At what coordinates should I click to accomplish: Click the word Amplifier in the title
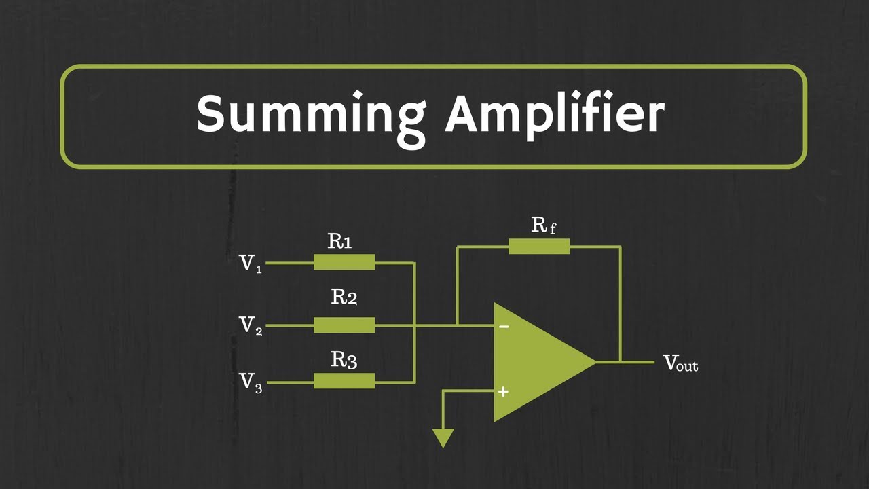click(x=554, y=115)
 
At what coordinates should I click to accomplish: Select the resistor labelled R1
click(x=344, y=262)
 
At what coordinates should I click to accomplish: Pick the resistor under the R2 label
click(x=344, y=325)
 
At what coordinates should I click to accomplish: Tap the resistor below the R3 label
click(x=344, y=381)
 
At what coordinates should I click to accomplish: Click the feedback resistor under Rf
click(x=539, y=247)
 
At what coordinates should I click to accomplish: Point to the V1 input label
click(x=251, y=264)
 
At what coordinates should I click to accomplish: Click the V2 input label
click(x=251, y=325)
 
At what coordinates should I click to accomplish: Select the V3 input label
click(x=251, y=382)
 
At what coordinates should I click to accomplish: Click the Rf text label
click(x=543, y=225)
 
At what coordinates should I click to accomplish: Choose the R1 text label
click(x=340, y=240)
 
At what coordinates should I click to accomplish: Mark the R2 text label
click(x=344, y=297)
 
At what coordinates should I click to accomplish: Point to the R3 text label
click(x=344, y=360)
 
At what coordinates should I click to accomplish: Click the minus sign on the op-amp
click(x=504, y=327)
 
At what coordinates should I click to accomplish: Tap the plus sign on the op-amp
click(x=503, y=391)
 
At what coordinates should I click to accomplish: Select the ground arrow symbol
click(x=443, y=438)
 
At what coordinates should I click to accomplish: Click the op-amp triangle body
click(x=533, y=362)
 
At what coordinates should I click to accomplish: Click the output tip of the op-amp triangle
click(x=593, y=362)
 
